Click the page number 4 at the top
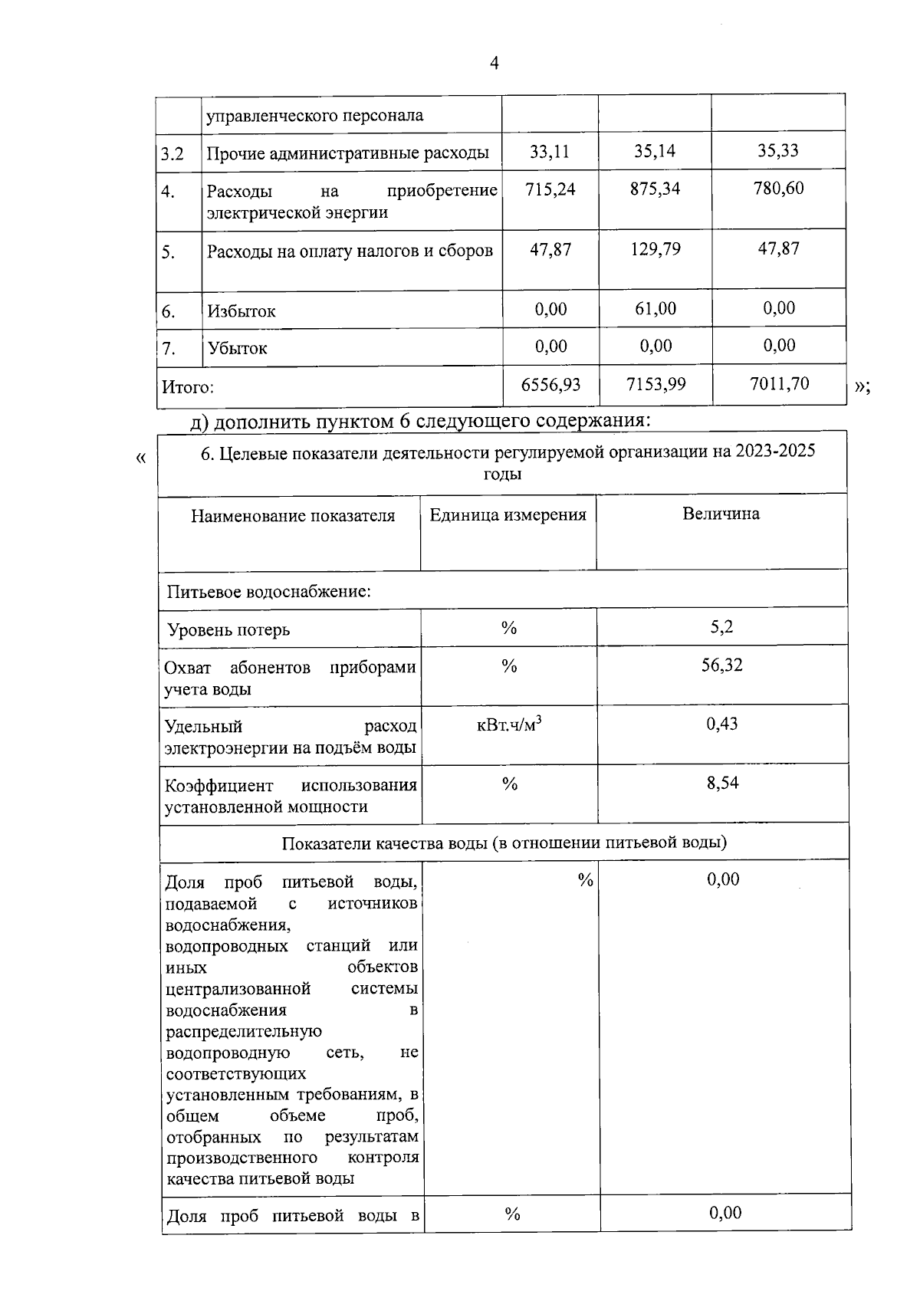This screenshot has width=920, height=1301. click(494, 64)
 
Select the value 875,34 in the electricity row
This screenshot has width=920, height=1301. click(655, 189)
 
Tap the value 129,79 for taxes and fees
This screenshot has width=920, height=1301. click(655, 249)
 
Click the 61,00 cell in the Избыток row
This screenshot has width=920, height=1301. click(655, 308)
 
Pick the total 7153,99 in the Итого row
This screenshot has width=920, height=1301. click(655, 384)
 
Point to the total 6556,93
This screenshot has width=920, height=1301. click(550, 384)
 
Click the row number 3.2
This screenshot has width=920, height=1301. click(172, 154)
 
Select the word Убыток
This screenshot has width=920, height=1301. click(237, 349)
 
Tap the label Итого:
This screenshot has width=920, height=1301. click(187, 388)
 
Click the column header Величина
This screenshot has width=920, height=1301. click(721, 514)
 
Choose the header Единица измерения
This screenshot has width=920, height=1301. click(508, 515)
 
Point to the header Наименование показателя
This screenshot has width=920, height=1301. click(293, 516)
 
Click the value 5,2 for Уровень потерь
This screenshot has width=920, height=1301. click(721, 627)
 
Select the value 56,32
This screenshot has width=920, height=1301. click(721, 665)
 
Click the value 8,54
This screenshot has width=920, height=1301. click(722, 783)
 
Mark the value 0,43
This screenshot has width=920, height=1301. click(721, 724)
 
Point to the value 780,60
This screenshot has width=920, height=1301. click(778, 189)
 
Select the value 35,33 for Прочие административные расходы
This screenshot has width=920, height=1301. click(778, 151)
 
